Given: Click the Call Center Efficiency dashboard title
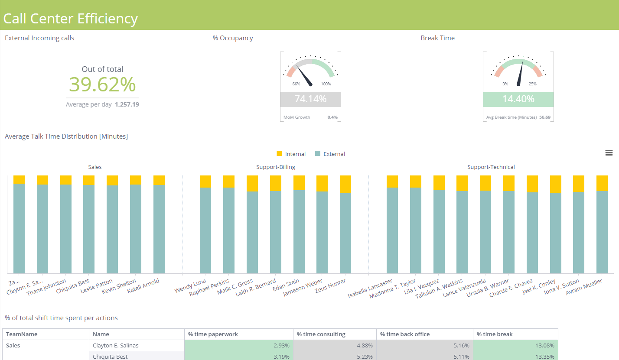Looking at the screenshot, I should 70,19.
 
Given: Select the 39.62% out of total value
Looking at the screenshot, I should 102,84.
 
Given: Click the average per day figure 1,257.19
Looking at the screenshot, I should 127,104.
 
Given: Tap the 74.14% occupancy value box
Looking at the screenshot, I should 310,99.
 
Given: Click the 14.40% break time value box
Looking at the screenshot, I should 518,99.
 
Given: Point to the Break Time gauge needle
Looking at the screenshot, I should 520,74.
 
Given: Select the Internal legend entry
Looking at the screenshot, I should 291,154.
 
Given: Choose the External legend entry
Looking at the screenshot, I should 330,154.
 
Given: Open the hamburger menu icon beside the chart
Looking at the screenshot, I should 609,152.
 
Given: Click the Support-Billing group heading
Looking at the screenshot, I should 275,167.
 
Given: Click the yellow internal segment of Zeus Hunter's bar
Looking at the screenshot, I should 345,184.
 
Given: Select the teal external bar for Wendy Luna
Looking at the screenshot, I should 205,230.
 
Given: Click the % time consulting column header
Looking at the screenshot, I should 321,334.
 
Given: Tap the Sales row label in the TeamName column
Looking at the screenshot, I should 13,346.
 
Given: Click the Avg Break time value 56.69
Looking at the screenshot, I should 545,117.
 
